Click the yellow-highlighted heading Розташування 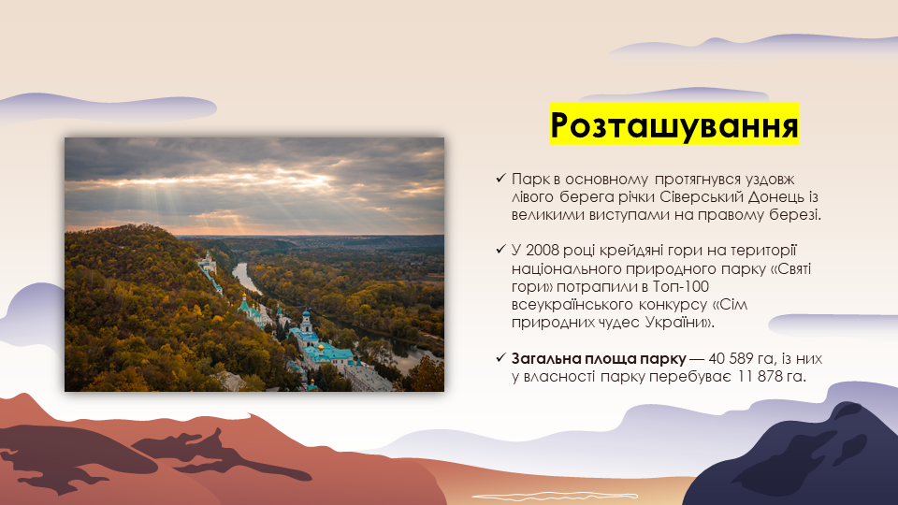[674, 124]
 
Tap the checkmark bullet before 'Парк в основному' [501, 179]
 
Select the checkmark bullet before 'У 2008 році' [501, 250]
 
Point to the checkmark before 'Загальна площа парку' [501, 358]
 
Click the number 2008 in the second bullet [542, 251]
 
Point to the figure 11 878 [760, 377]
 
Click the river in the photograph [247, 277]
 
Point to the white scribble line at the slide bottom [555, 497]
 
